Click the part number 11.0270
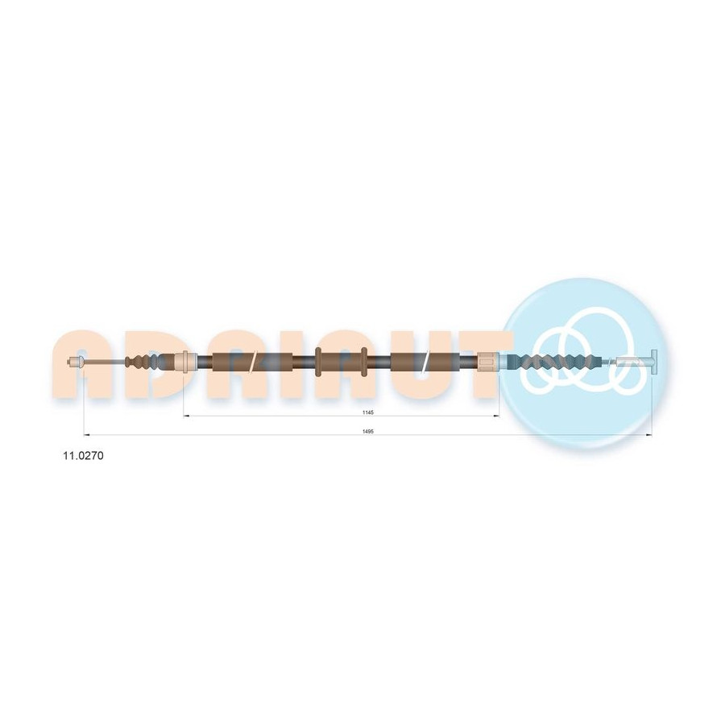83,455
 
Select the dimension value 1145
368,412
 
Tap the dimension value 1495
368,431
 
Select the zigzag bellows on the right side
550,361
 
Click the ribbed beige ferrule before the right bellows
488,361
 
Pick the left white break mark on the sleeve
252,361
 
